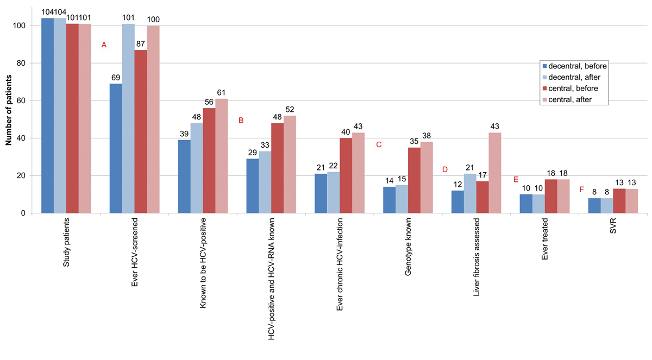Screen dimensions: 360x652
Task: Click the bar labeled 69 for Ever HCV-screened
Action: click(x=116, y=148)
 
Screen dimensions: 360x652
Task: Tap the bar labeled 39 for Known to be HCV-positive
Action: click(x=184, y=176)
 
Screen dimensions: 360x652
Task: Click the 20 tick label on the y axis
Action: click(x=23, y=176)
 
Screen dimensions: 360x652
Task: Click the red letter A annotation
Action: click(x=104, y=46)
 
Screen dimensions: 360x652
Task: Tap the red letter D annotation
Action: click(x=444, y=169)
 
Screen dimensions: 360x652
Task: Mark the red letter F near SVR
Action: click(x=582, y=189)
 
